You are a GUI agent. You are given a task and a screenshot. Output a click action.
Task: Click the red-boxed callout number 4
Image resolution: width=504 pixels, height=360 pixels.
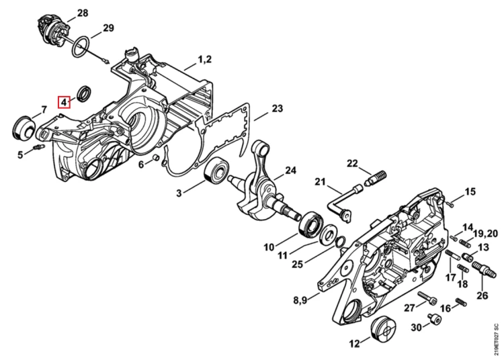64,103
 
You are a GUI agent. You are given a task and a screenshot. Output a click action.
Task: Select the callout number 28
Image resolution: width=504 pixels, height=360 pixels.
82,13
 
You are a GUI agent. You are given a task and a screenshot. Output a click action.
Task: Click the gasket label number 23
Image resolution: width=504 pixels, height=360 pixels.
277,109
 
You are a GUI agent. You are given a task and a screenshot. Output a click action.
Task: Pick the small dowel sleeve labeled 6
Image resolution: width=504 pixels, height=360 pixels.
156,158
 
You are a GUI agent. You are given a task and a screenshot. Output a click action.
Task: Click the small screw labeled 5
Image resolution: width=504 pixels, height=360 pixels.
38,148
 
